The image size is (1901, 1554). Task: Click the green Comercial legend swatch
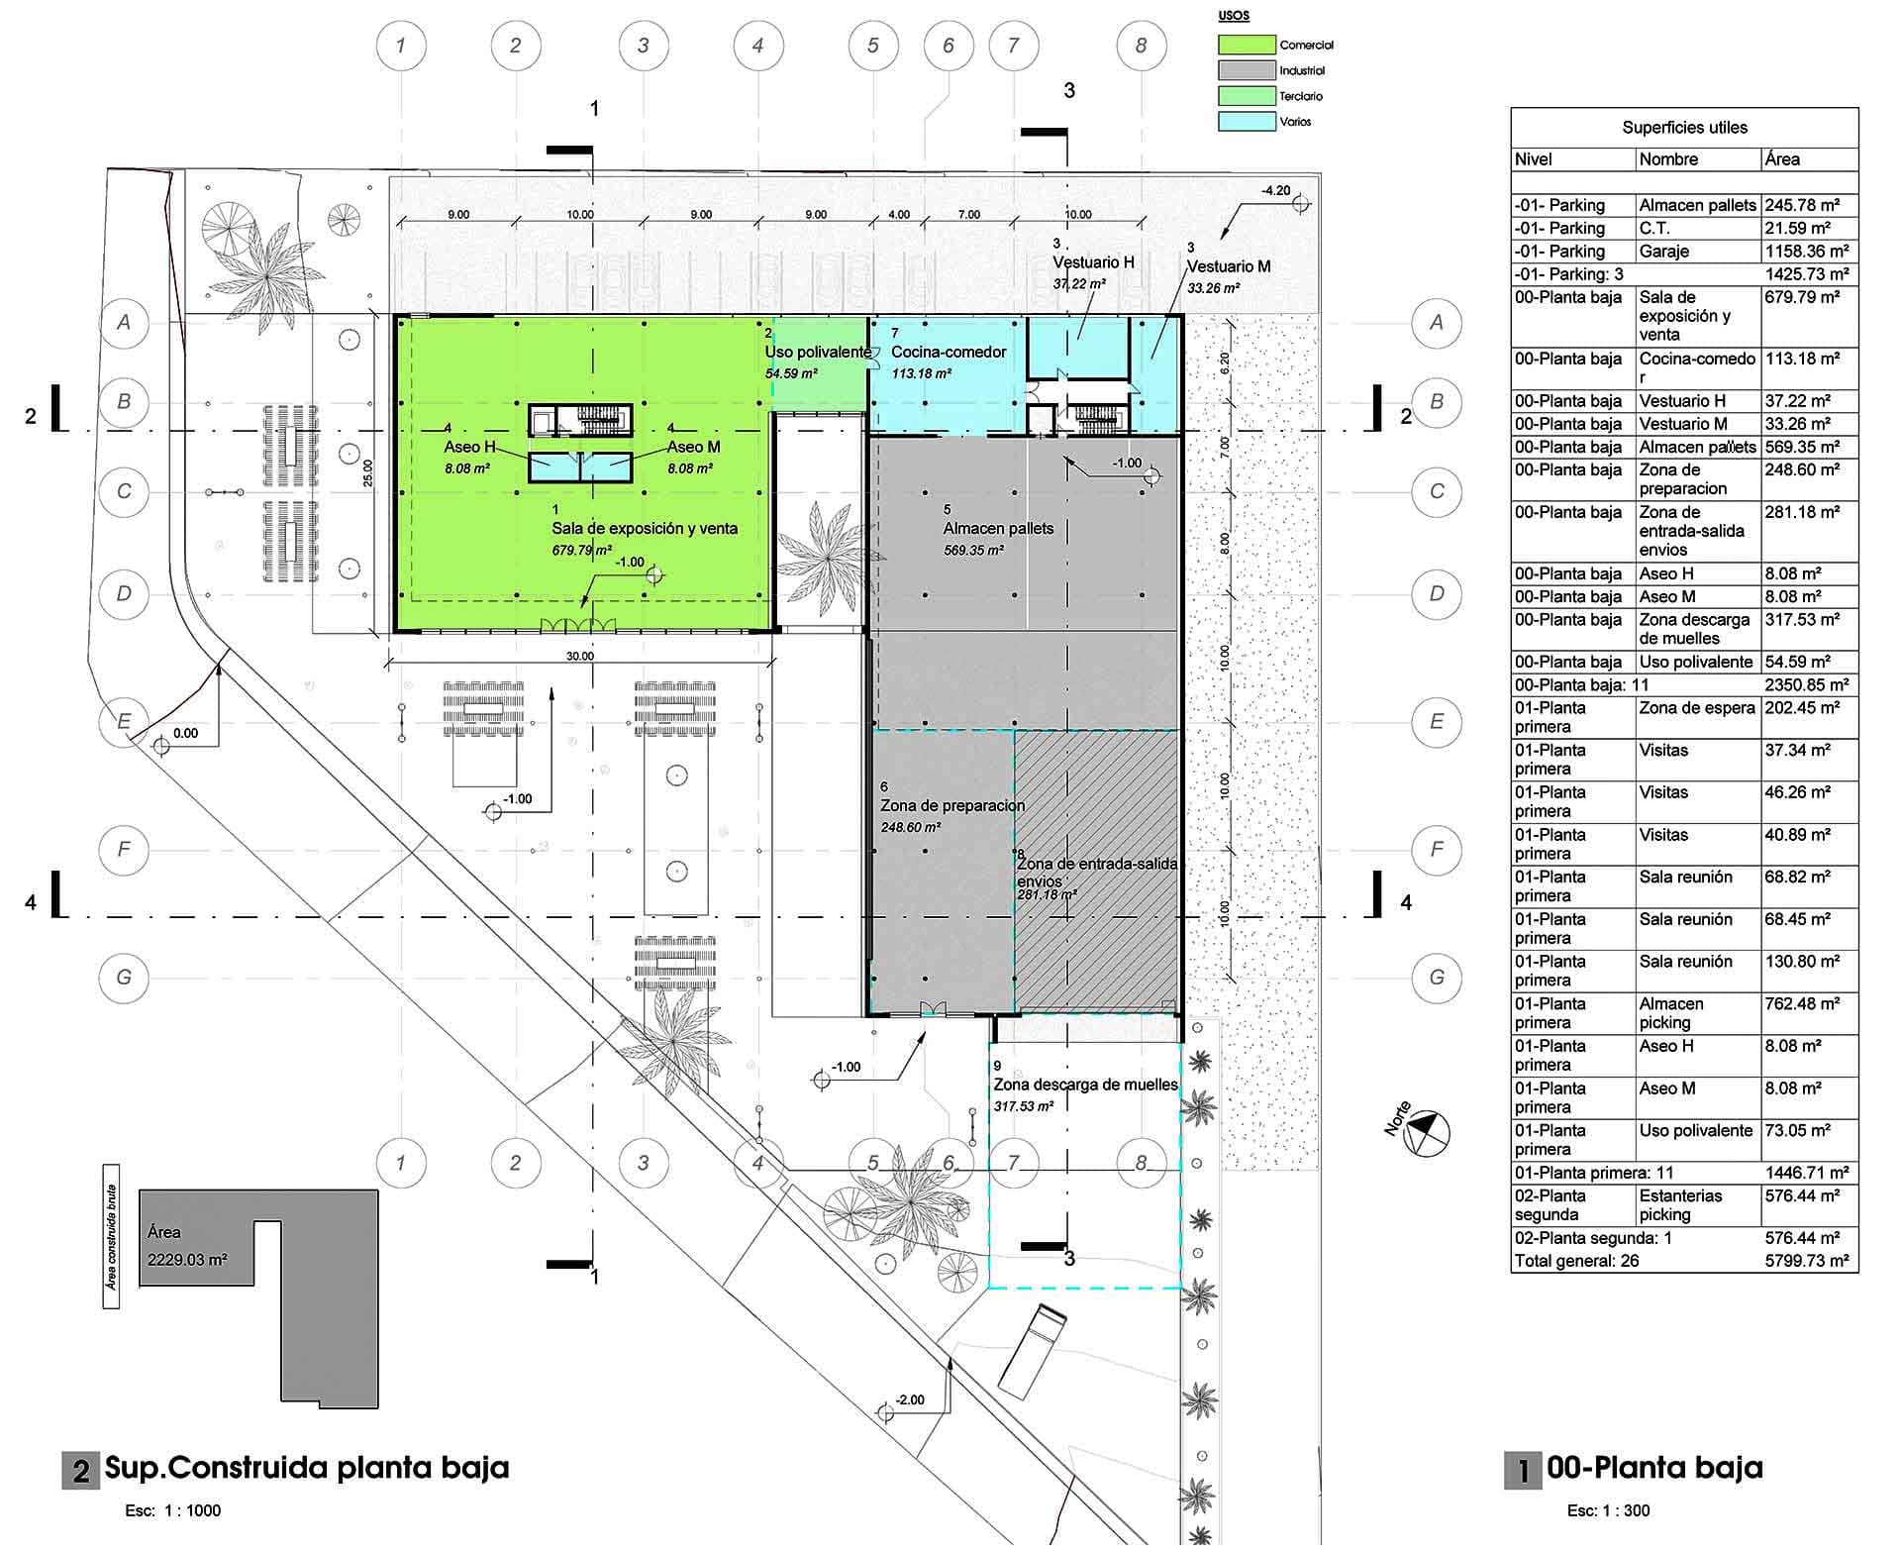click(1247, 45)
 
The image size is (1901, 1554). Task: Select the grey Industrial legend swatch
click(1247, 70)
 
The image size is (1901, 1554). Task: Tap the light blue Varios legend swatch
click(1247, 121)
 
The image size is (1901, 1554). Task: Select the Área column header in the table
click(1782, 159)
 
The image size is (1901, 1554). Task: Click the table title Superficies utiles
click(1684, 128)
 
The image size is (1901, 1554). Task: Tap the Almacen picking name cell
click(1671, 1013)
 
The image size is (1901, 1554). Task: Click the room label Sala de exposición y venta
click(645, 528)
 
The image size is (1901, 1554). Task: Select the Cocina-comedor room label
click(949, 352)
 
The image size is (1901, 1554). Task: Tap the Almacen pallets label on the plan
click(998, 528)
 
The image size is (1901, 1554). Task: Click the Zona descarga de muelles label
click(1086, 1085)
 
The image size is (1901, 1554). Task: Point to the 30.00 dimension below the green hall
click(580, 656)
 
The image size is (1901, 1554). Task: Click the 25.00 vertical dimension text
click(367, 473)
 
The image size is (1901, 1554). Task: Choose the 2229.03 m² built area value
click(187, 1260)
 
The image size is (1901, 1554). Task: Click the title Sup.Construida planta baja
click(307, 1467)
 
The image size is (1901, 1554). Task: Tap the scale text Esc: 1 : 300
click(1608, 1510)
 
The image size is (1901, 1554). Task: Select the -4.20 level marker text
click(1275, 190)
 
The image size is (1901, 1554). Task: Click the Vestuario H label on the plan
click(1093, 262)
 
